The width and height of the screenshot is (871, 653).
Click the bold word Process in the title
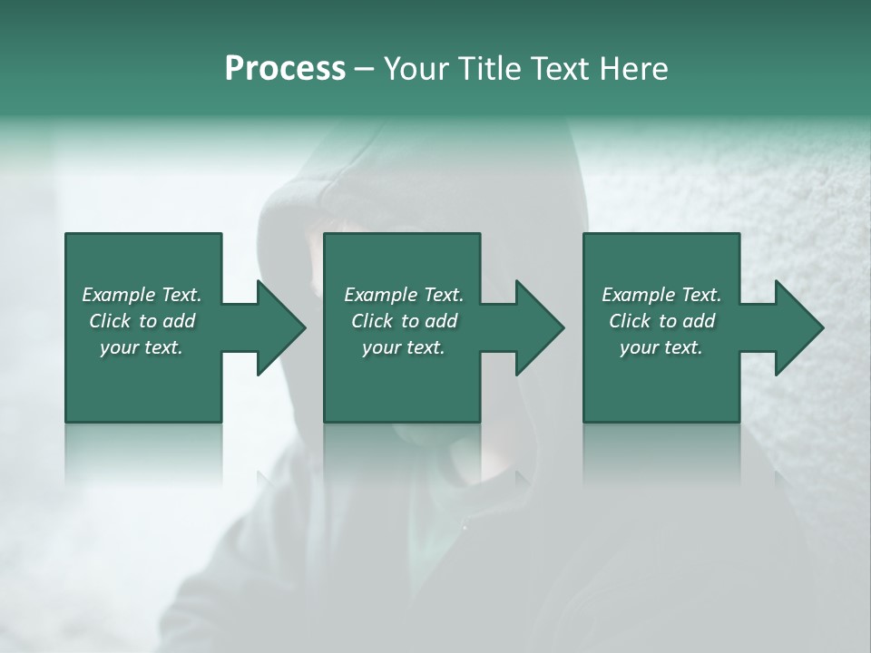(x=285, y=69)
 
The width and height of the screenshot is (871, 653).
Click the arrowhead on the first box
(x=280, y=327)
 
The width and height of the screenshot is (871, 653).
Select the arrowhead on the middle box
(x=539, y=327)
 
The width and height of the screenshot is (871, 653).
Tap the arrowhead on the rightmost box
(x=798, y=327)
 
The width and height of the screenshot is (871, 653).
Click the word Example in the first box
(x=119, y=295)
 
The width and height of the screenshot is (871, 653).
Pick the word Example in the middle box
(x=380, y=295)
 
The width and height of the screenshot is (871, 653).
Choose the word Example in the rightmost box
(x=638, y=295)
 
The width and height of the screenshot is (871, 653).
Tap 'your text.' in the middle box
(x=403, y=347)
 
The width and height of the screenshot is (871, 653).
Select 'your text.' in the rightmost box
(x=661, y=347)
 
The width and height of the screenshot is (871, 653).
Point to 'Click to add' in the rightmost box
(x=661, y=321)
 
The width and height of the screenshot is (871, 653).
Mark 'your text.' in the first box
(x=142, y=347)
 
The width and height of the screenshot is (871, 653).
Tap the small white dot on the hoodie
(x=465, y=526)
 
